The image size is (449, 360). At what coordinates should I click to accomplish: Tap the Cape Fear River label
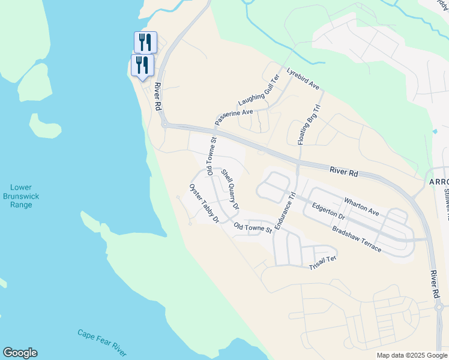(102, 340)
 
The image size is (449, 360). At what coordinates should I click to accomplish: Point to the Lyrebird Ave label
(303, 79)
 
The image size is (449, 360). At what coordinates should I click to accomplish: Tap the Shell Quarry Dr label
(230, 189)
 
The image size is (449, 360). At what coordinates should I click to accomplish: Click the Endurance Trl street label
(285, 210)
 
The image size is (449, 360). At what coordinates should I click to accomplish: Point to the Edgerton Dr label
(328, 211)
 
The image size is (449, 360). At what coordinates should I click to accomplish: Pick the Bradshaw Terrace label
(356, 239)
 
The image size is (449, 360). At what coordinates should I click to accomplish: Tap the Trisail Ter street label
(323, 262)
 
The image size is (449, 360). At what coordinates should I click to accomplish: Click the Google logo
(20, 353)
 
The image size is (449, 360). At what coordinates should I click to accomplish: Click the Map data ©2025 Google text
(412, 355)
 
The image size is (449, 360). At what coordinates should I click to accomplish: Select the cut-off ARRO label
(439, 182)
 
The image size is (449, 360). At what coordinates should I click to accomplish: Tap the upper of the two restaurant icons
(145, 41)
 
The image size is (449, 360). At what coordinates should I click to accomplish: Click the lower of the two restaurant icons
(142, 64)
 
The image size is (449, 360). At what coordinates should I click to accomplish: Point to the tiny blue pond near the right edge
(434, 131)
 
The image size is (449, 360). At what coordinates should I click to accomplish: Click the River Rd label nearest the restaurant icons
(158, 96)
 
